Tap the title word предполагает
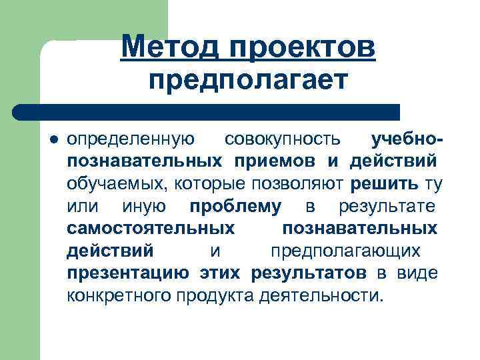point(248,81)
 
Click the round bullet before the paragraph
point(54,140)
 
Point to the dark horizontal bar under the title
point(207,111)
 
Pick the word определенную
point(131,139)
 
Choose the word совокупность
point(283,139)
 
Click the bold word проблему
point(235,206)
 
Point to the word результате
point(387,206)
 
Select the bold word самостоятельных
point(151,229)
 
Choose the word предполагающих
point(345,251)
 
